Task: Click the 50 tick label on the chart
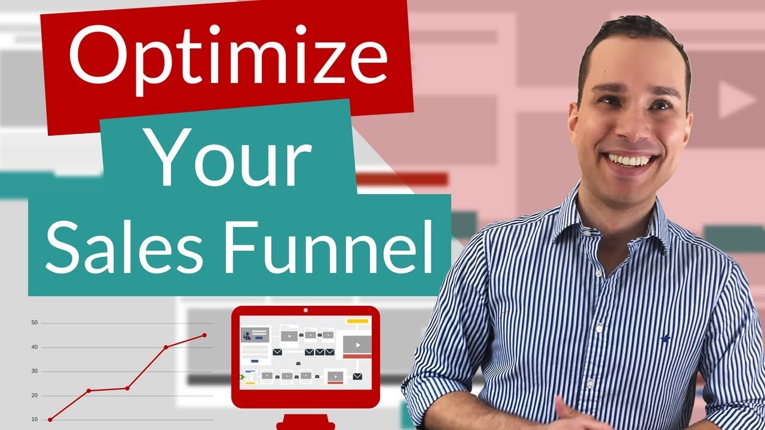[x=34, y=323]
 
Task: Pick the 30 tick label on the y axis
[x=34, y=371]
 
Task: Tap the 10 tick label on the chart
[x=34, y=419]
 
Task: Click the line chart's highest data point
[x=204, y=335]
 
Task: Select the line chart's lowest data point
[x=50, y=419]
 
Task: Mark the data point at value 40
[x=166, y=347]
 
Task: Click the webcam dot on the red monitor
[x=305, y=311]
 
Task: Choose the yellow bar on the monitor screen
[x=357, y=321]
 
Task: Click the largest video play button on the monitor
[x=357, y=344]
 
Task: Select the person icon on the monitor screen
[x=246, y=336]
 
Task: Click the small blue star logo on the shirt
[x=665, y=338]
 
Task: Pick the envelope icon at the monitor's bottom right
[x=357, y=376]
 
